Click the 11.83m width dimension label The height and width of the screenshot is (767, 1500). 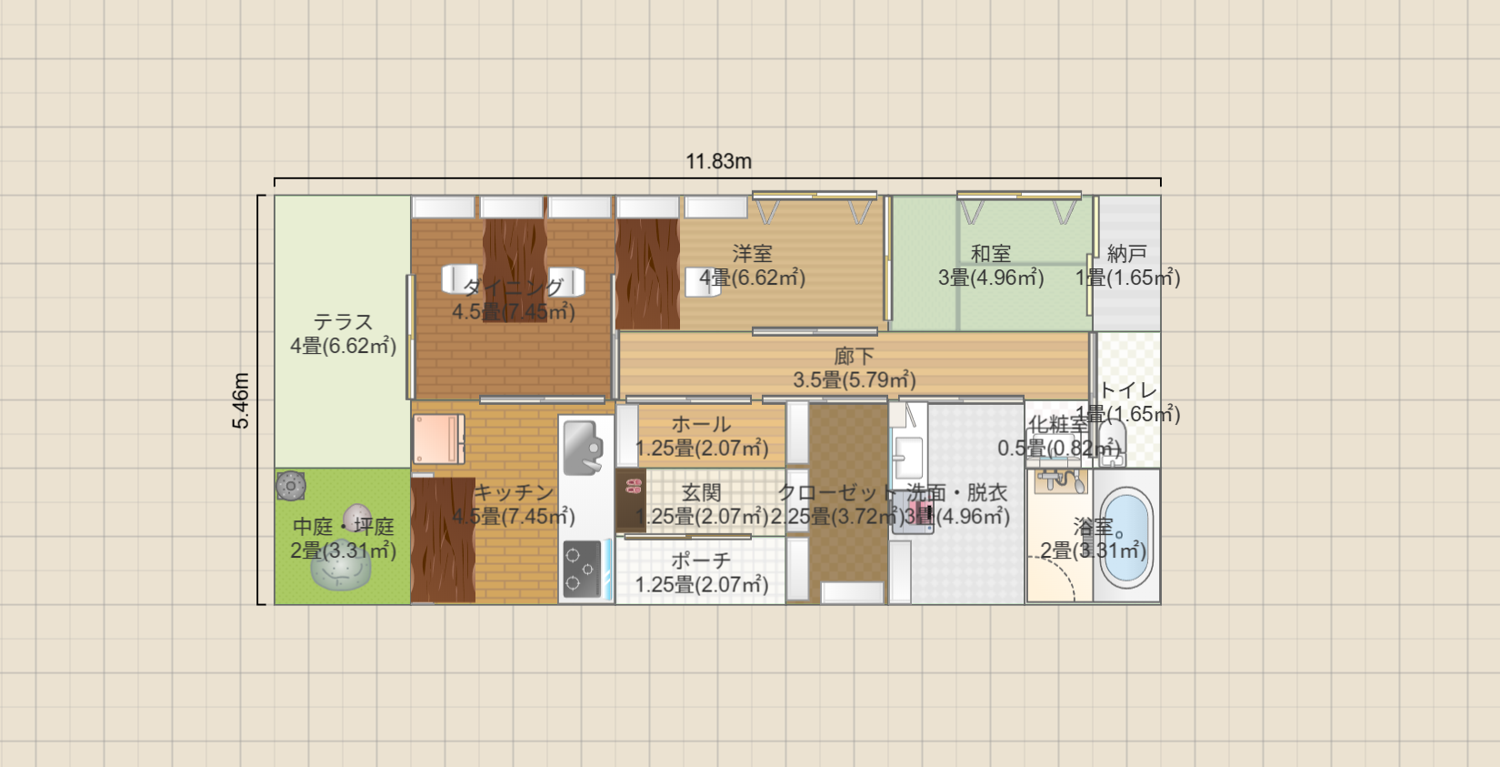[718, 161]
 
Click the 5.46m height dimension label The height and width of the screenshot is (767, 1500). [240, 400]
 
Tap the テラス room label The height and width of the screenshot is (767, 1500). [343, 322]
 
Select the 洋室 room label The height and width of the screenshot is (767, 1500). [752, 254]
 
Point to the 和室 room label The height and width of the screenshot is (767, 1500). [990, 254]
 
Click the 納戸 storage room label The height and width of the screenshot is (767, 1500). [1127, 254]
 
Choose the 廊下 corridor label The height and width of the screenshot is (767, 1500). [854, 356]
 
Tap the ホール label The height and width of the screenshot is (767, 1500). [701, 424]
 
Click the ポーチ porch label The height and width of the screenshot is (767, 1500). [701, 560]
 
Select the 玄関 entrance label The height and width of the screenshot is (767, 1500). [701, 492]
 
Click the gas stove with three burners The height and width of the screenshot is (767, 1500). [583, 569]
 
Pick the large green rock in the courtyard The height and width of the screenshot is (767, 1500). [341, 569]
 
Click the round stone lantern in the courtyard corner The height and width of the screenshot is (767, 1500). [291, 486]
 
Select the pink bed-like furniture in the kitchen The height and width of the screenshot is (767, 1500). [439, 439]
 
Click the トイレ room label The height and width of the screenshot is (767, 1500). [1128, 390]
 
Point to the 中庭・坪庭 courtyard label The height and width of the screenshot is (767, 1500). [343, 527]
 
